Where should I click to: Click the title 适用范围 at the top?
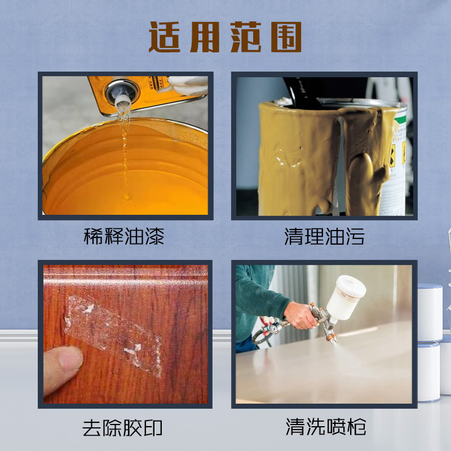point(225,38)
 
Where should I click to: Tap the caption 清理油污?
point(324,236)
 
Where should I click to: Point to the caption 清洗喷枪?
point(325,427)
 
